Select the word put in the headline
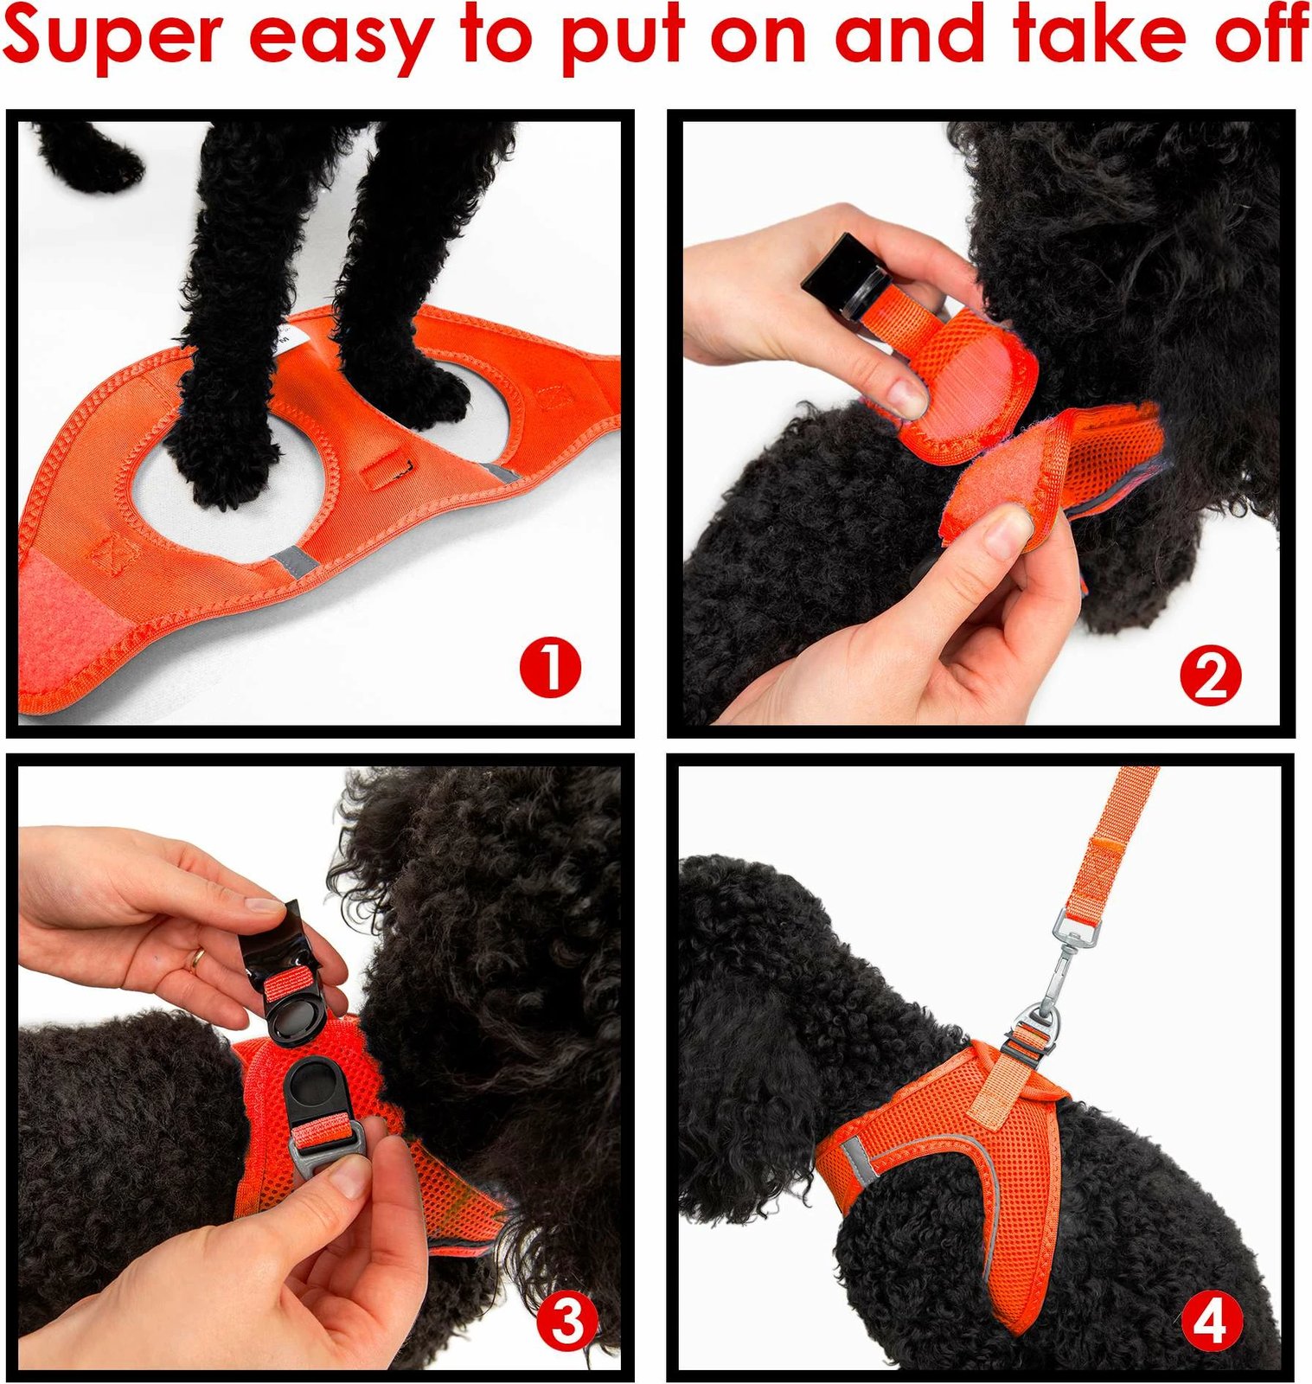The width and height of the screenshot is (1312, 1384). click(x=622, y=42)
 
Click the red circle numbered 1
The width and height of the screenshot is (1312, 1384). click(x=550, y=668)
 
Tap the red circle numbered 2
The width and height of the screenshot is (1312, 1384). click(x=1211, y=676)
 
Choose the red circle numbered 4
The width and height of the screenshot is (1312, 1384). click(x=1211, y=1322)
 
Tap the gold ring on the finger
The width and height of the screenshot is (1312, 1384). click(x=197, y=957)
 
